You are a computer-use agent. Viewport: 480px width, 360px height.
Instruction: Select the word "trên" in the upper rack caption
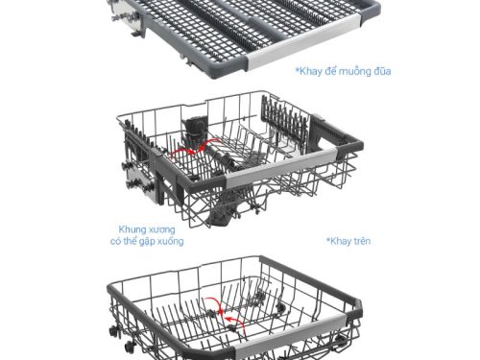coord(362,241)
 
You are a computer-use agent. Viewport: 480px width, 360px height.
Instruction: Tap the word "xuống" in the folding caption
coord(168,242)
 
